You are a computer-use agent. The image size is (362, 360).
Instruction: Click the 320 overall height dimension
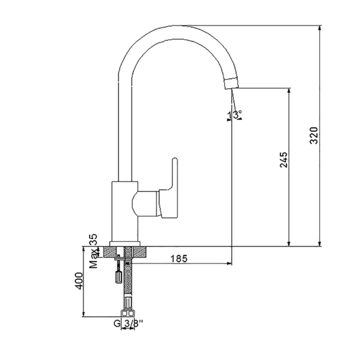[314, 135]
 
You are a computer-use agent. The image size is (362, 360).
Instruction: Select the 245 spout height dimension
[284, 159]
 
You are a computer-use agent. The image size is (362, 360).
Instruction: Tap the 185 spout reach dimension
[179, 259]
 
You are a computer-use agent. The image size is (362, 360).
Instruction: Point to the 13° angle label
[234, 114]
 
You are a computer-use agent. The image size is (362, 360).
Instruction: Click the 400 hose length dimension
[79, 281]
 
